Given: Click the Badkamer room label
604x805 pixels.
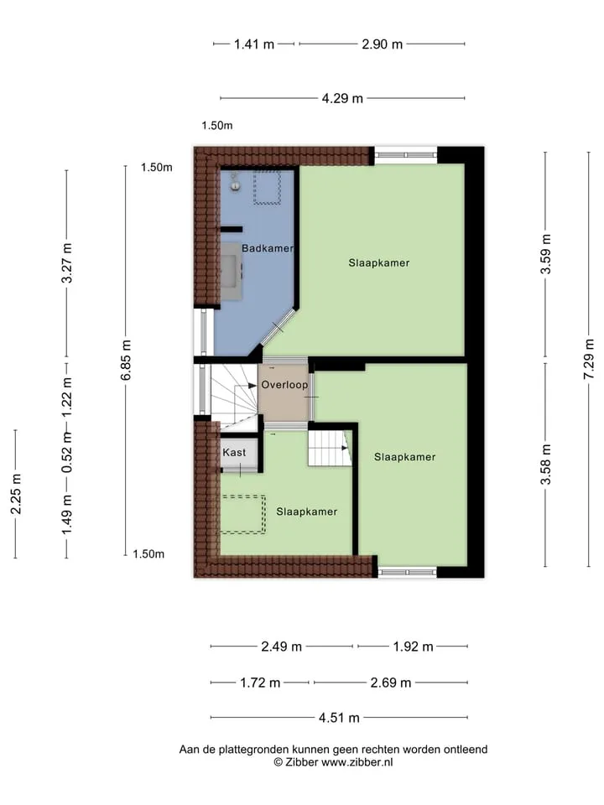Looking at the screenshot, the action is [268, 248].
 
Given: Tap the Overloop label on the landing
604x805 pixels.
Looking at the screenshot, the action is [284, 385].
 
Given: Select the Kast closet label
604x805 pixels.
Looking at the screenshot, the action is [234, 452].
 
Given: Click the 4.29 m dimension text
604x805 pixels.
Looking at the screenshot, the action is [342, 98].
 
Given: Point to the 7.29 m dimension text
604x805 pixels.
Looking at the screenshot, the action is [589, 359].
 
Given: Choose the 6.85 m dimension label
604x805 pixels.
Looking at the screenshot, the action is [126, 360].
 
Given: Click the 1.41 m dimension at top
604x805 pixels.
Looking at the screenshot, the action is [254, 44].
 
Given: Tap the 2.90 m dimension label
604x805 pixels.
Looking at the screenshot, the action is [383, 44].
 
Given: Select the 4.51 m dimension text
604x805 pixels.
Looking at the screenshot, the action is [339, 718].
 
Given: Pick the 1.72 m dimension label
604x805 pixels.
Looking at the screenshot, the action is [260, 683].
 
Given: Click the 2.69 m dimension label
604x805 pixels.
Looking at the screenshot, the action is [391, 683].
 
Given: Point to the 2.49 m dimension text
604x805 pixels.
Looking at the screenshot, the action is [282, 647].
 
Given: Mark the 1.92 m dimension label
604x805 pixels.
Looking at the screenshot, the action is [414, 647].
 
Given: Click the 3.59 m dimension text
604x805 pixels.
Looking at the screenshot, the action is [545, 253].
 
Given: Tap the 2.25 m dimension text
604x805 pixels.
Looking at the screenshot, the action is [15, 494].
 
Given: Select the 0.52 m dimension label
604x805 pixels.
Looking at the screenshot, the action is [67, 452].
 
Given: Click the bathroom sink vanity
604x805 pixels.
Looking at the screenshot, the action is [232, 271].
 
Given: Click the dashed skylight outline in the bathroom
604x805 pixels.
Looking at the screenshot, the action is [267, 187].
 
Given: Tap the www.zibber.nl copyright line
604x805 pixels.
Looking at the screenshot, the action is [333, 762].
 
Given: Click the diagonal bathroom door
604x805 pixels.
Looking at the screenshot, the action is [279, 327].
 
